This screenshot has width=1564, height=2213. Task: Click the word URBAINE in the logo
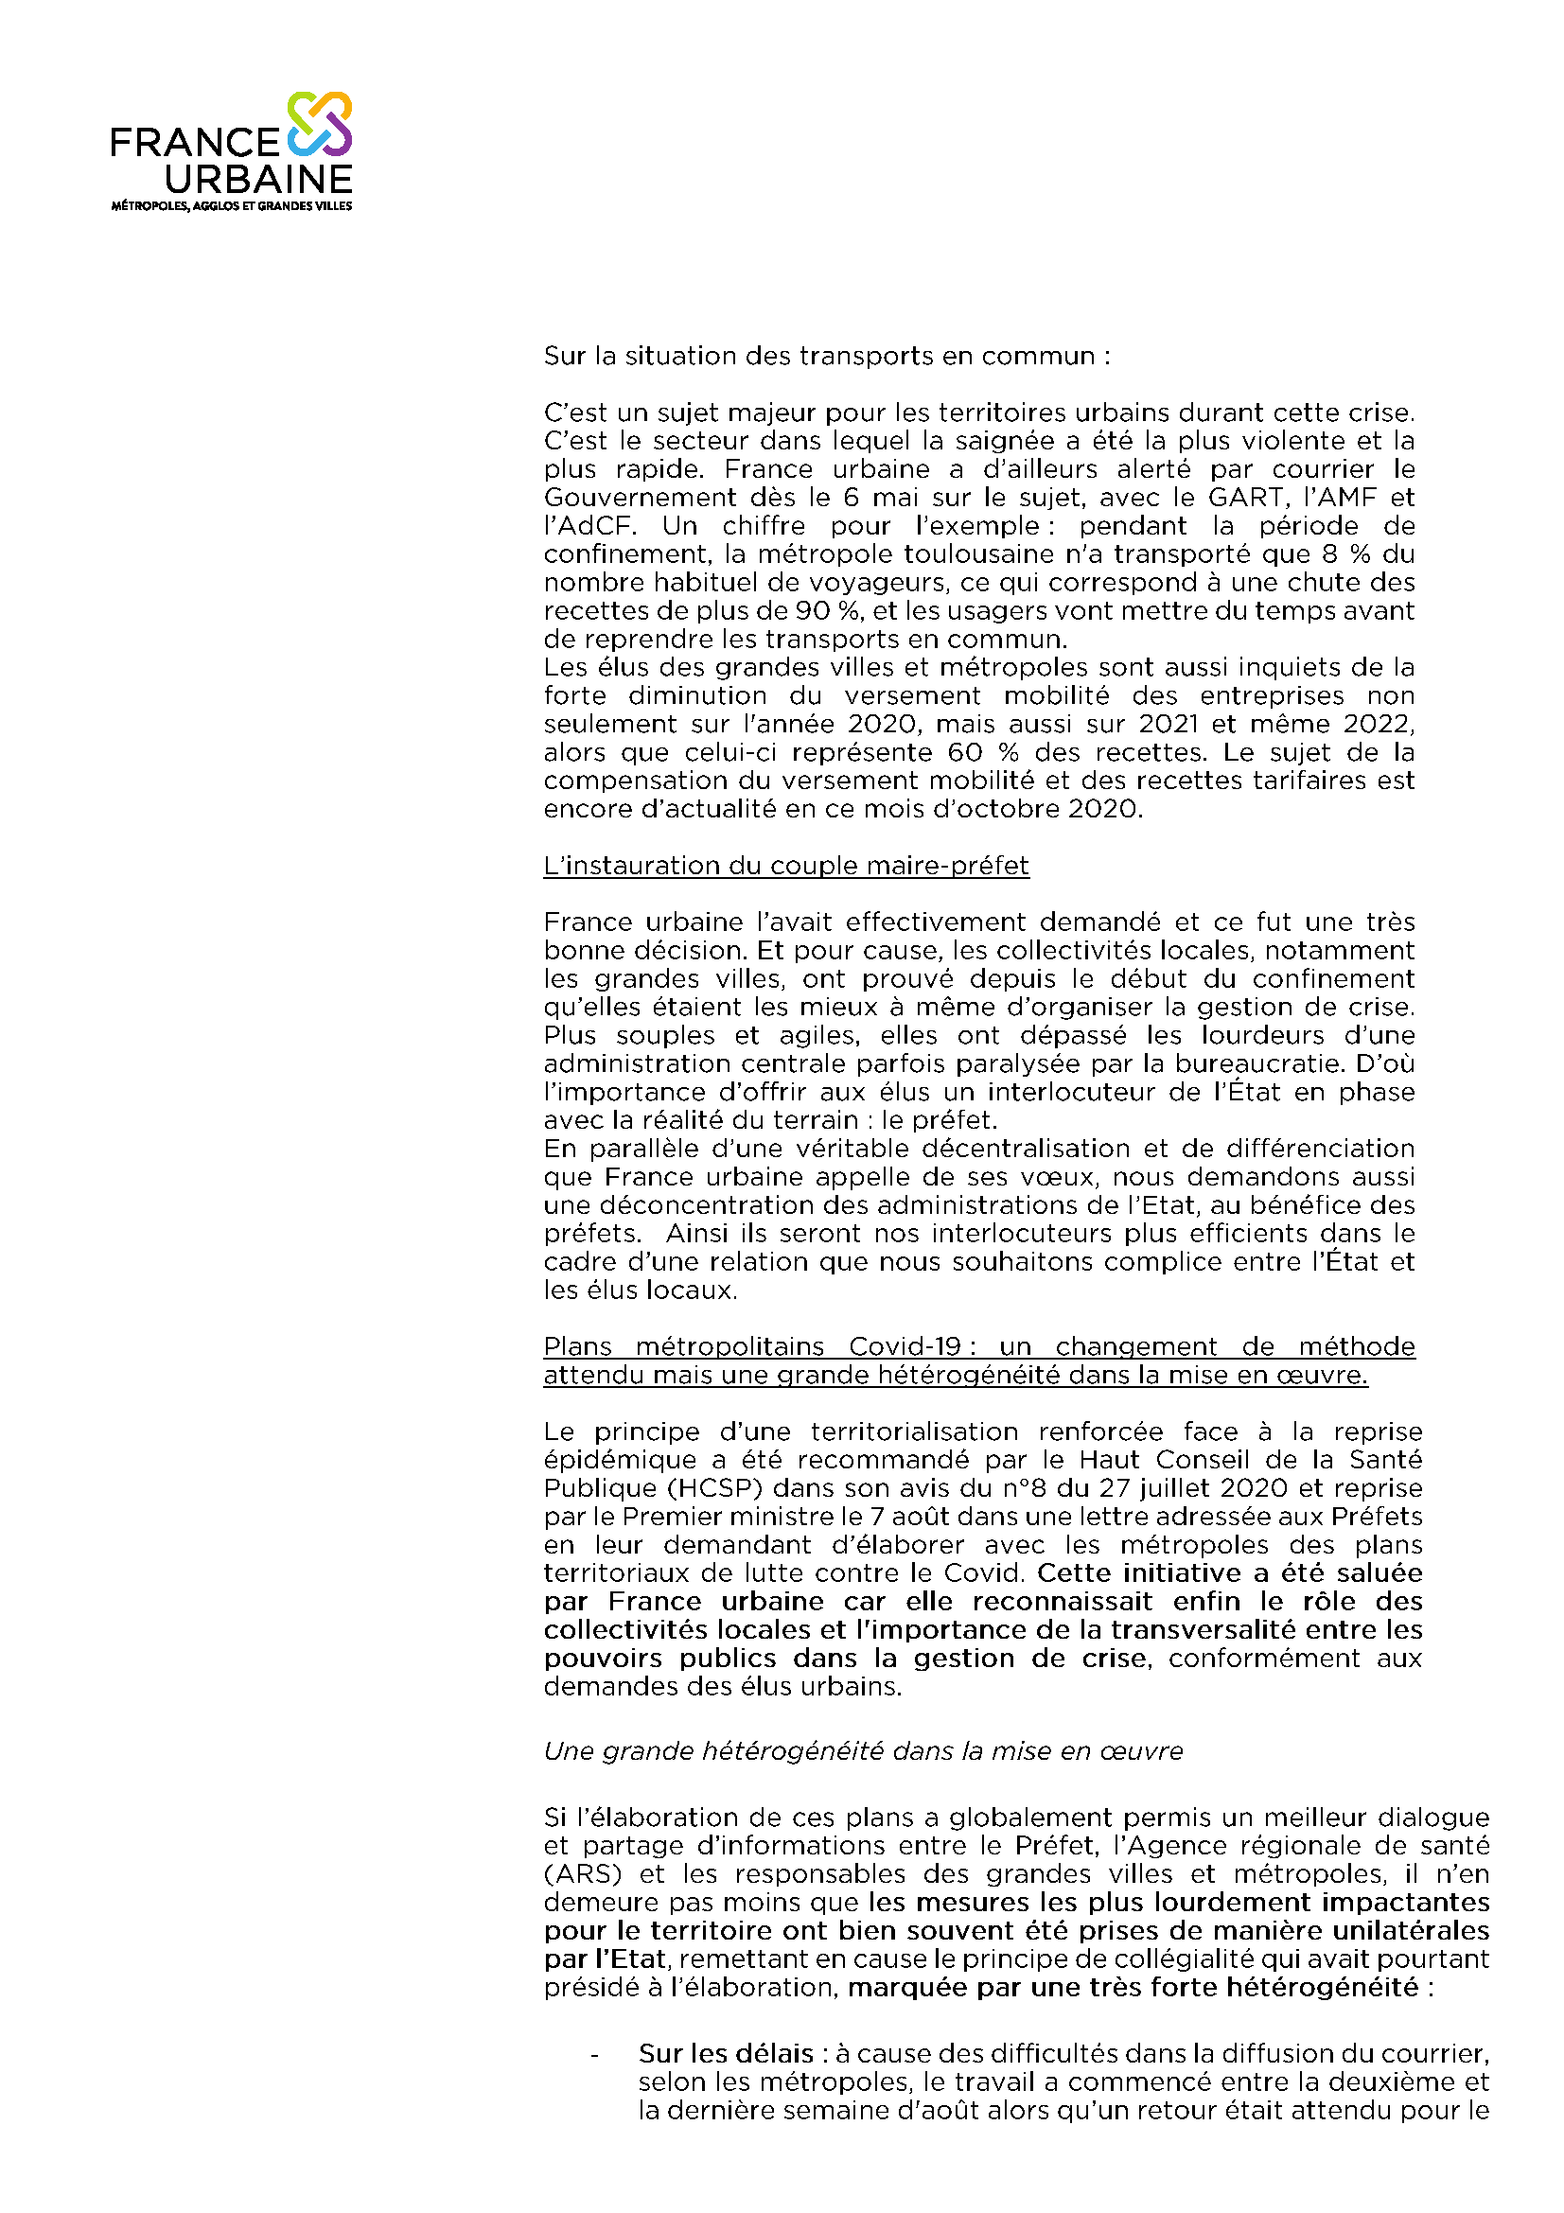tap(258, 181)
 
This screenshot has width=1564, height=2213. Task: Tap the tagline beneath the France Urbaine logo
tap(231, 206)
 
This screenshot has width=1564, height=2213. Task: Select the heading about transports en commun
tap(827, 357)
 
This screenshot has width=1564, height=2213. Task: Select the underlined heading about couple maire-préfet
tap(786, 867)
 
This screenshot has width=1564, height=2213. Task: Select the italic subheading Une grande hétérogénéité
tap(864, 1751)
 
